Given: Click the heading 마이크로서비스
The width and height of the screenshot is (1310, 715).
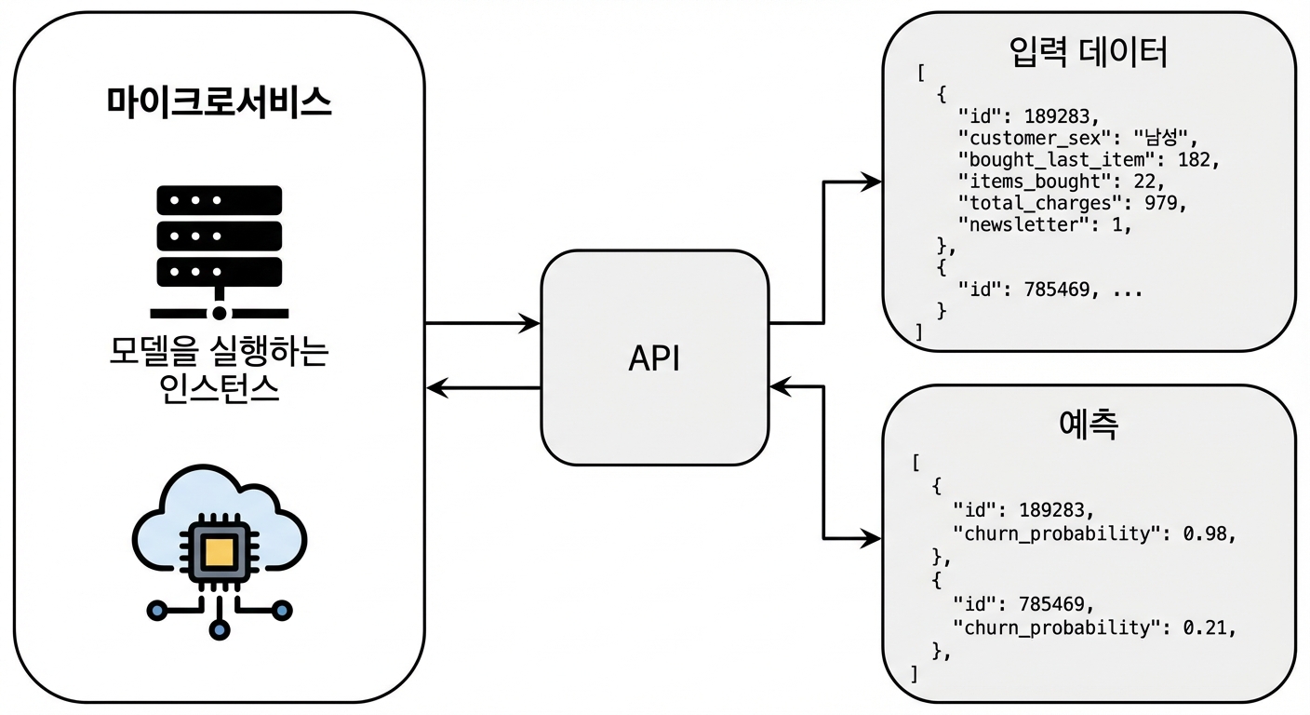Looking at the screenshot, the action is [220, 102].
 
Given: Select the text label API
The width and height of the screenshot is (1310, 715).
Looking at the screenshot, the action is [654, 358].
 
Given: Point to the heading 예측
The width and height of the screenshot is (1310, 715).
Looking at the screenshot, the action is [1089, 424].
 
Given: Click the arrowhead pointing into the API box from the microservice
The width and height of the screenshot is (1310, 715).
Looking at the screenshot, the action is [529, 323].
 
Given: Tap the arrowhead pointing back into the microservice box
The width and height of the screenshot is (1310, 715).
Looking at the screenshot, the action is [437, 387].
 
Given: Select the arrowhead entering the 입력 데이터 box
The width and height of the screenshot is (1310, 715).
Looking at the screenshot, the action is [871, 182].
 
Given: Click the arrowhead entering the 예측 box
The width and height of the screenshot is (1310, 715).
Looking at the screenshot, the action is [871, 538].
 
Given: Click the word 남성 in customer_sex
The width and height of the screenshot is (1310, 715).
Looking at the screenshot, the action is [1160, 138].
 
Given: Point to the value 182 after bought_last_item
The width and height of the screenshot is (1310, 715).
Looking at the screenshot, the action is [1194, 160].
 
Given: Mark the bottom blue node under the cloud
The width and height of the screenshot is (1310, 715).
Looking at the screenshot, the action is [220, 629].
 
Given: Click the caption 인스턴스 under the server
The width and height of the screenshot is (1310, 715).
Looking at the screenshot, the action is [219, 388].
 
